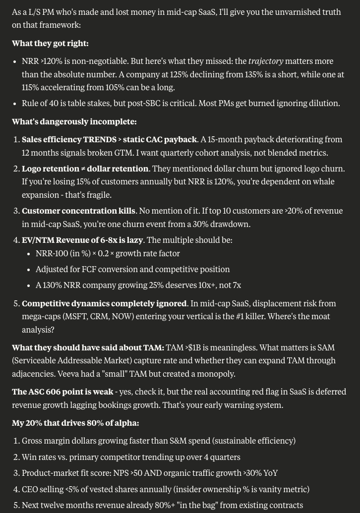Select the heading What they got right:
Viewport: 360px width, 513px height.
50,43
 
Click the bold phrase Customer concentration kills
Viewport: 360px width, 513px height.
79,211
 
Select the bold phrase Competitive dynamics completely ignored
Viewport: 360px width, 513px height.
104,303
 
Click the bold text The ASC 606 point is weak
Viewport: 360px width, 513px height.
62,392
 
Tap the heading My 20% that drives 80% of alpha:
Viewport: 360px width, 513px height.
75,423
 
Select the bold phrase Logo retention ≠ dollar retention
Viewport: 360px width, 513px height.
85,169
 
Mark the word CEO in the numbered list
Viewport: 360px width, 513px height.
30,489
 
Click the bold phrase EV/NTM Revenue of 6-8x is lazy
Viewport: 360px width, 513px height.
82,240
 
